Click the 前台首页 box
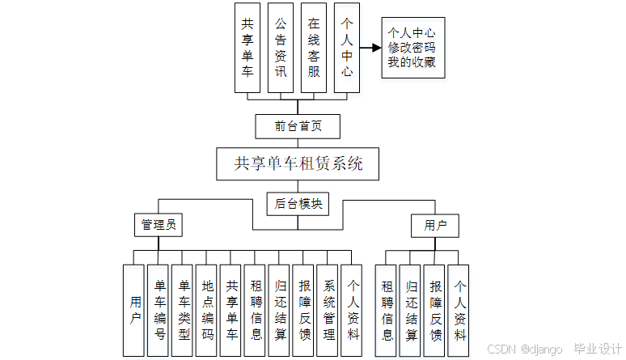coord(298,126)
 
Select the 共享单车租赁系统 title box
coord(298,163)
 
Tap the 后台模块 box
coord(298,204)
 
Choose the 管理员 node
coord(158,225)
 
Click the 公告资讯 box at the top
coord(280,48)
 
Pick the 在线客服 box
coord(313,48)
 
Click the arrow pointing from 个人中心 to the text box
coord(370,48)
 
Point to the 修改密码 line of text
coord(412,48)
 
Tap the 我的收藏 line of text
coord(412,62)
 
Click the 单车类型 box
coord(184,310)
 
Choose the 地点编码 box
coord(208,310)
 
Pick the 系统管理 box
coord(329,310)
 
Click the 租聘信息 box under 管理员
coord(256,310)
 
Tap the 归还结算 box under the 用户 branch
coord(412,310)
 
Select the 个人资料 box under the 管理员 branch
coord(353,310)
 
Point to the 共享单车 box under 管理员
coord(232,310)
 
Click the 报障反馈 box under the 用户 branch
coord(436,310)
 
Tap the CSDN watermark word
coord(502,349)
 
